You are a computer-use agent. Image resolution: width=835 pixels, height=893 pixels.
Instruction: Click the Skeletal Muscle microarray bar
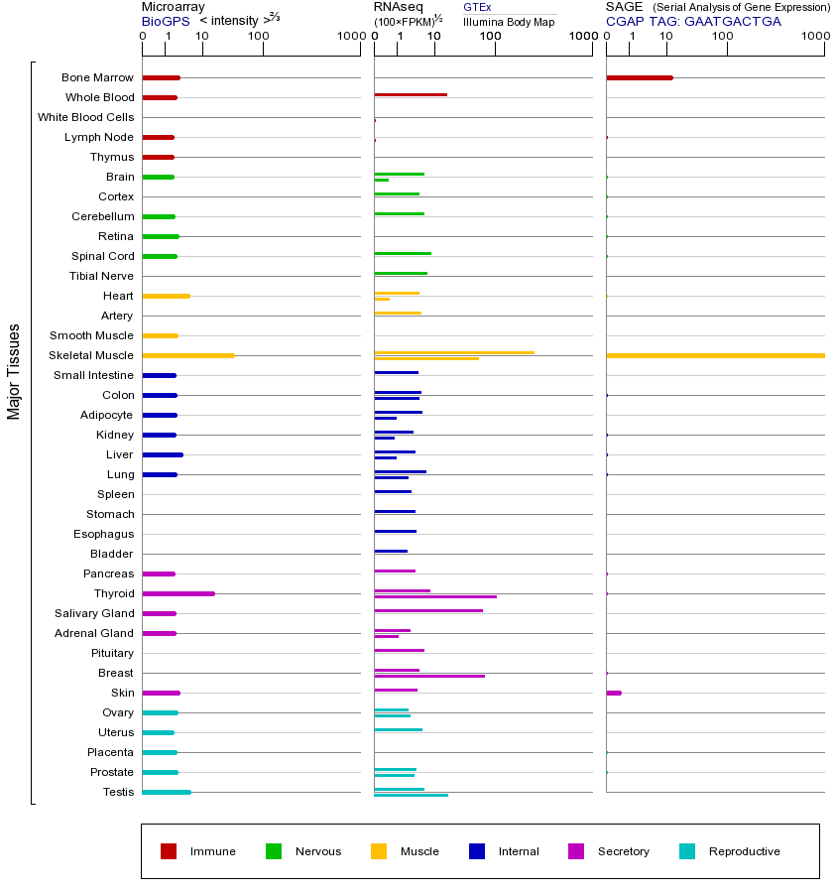coord(188,355)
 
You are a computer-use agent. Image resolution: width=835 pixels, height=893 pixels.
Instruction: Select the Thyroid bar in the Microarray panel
coord(179,593)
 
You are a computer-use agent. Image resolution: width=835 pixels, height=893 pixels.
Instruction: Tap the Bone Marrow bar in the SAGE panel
coord(640,77)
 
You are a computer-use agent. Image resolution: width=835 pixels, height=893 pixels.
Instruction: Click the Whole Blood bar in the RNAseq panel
coord(411,94)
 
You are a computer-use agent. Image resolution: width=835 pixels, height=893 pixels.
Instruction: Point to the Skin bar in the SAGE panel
coord(614,693)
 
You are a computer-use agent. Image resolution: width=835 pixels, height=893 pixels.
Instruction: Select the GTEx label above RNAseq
coord(477,7)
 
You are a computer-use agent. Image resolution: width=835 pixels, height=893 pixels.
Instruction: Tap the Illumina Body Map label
coord(509,21)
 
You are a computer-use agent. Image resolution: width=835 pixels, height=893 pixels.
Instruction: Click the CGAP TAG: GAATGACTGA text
coord(693,21)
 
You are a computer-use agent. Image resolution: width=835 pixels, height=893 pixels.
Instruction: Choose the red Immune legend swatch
coord(169,851)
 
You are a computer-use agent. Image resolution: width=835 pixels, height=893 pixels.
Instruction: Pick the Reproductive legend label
coord(744,851)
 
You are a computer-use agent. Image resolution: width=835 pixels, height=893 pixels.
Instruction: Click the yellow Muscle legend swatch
coord(379,851)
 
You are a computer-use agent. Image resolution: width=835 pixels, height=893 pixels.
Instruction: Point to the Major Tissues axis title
coord(14,370)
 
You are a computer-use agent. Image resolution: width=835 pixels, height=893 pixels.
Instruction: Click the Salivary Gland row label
coord(94,613)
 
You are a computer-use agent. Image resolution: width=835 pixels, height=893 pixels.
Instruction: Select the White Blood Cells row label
coord(85,117)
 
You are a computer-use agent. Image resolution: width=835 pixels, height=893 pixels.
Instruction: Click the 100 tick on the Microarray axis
coord(259,37)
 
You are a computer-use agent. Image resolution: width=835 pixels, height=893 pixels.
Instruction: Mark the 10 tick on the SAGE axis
coord(665,37)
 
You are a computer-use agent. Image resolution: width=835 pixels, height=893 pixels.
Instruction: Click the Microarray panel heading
coord(174,7)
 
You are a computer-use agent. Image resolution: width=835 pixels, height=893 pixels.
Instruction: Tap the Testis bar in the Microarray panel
coord(167,792)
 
